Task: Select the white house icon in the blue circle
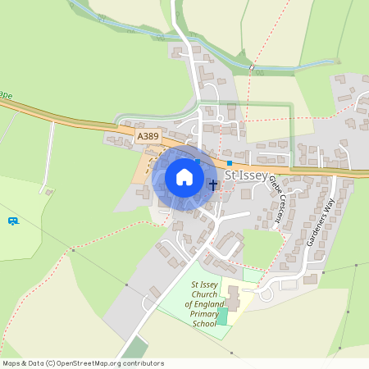pyautogui.click(x=184, y=177)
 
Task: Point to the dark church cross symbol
pyautogui.click(x=213, y=184)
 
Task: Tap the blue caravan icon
pyautogui.click(x=13, y=221)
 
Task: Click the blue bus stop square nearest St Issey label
pyautogui.click(x=230, y=163)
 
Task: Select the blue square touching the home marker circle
pyautogui.click(x=198, y=162)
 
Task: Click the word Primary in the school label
pyautogui.click(x=204, y=314)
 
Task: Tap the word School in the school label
pyautogui.click(x=204, y=324)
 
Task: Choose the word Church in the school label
pyautogui.click(x=203, y=294)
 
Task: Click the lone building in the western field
pyautogui.click(x=49, y=192)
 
